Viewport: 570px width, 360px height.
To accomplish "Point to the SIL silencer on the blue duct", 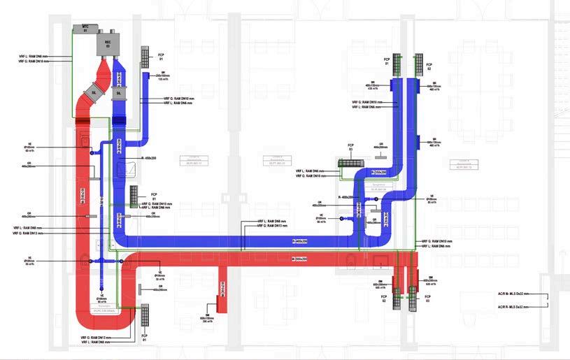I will tap(118, 92).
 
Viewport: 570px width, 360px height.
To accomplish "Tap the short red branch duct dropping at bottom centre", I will tap(224, 287).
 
